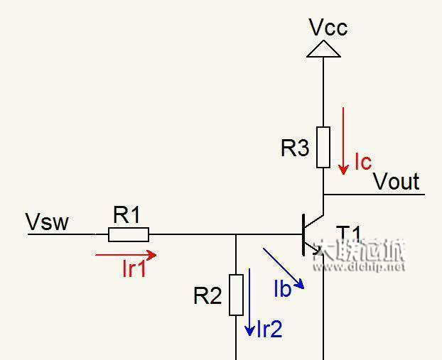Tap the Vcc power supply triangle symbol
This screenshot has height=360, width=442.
tap(323, 49)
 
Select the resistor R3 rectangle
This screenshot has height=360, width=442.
tap(323, 147)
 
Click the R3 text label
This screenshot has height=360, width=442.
tap(295, 148)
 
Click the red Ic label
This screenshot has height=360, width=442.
tap(362, 162)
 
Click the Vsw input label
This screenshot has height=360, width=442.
tap(47, 222)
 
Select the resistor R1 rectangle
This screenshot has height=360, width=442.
tap(129, 234)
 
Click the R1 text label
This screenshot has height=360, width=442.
tap(127, 215)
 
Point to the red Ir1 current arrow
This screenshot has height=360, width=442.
tap(125, 254)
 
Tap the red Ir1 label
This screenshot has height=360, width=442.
tap(134, 268)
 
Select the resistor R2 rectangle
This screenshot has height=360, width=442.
tap(236, 295)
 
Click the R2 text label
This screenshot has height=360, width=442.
tap(207, 295)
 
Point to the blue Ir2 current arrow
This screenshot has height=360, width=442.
tap(249, 302)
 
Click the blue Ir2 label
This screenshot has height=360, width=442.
tap(269, 329)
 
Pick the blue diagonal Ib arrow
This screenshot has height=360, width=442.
tap(284, 268)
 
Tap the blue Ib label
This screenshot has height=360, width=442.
tap(282, 288)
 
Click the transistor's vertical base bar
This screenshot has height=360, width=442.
tap(303, 234)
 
